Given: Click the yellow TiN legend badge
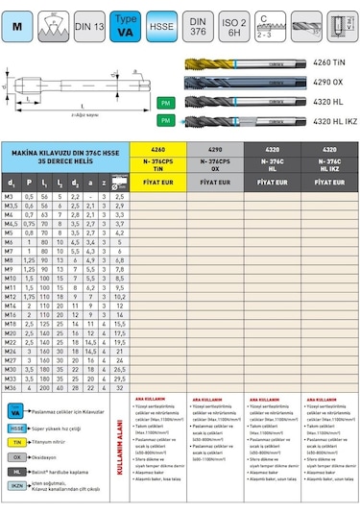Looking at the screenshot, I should pos(16,442).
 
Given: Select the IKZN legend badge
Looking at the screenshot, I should pos(16,485).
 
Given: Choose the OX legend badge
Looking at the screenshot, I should pos(16,456).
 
